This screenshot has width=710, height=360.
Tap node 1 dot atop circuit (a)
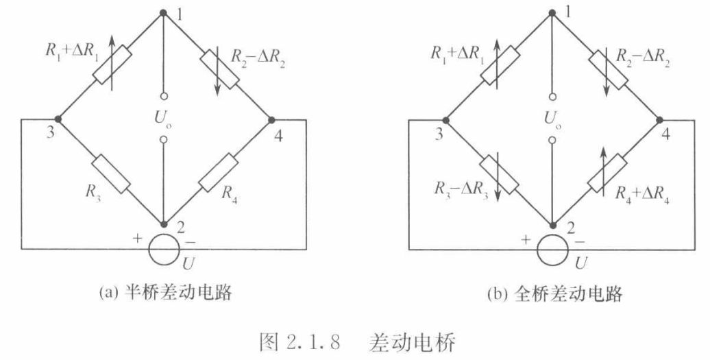click(163, 12)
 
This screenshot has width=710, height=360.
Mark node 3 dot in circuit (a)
click(58, 119)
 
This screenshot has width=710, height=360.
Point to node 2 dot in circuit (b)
click(552, 224)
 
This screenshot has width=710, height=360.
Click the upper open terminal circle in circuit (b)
click(552, 97)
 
